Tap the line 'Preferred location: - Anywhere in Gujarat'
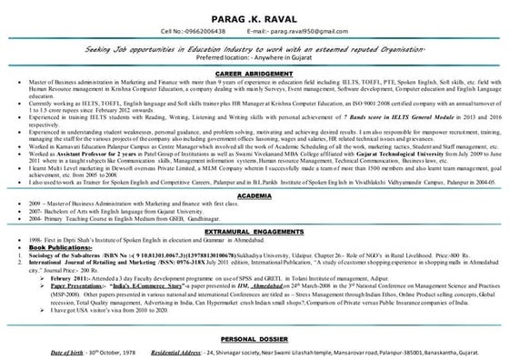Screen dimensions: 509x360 point(254,55)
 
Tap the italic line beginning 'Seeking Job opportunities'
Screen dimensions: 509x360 point(254,46)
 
